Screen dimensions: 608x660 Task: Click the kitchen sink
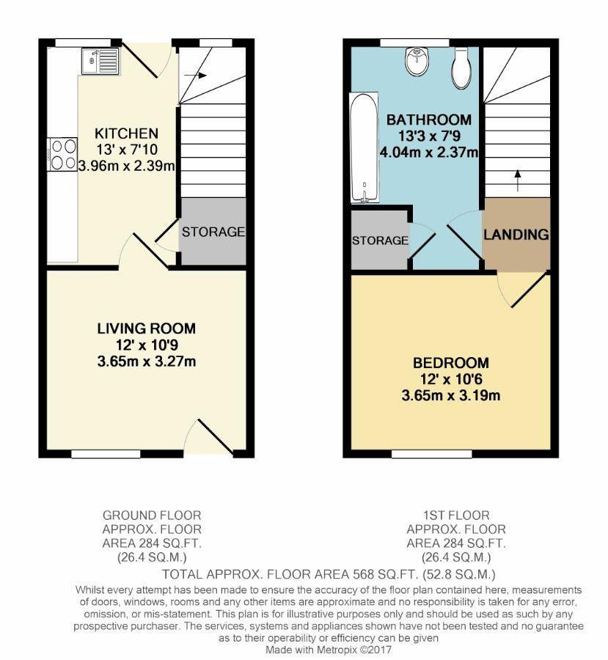coord(100,61)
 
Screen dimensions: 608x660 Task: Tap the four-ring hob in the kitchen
coord(63,155)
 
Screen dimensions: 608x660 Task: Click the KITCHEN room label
coord(126,133)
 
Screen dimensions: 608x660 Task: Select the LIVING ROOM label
coord(147,329)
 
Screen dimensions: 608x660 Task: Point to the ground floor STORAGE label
coord(213,232)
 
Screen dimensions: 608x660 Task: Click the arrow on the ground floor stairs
coord(196,76)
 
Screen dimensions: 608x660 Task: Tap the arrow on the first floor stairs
coord(518,180)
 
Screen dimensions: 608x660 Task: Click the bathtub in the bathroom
coord(364,148)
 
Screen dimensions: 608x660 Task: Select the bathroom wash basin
coord(418,62)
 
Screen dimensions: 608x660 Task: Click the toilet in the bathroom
coord(461,67)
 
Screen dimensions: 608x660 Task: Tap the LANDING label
coord(516,235)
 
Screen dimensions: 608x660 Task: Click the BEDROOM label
coord(451,363)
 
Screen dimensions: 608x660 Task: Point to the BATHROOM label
coord(429,120)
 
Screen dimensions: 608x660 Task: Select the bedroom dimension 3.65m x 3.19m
coord(451,396)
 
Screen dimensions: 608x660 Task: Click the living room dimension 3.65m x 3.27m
coord(147,361)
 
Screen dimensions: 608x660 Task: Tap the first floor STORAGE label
coord(380,241)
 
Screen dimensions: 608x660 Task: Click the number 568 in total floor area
coord(366,573)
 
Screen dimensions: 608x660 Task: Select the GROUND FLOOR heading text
coord(152,516)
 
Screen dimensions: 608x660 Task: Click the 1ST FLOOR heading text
coord(456,516)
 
